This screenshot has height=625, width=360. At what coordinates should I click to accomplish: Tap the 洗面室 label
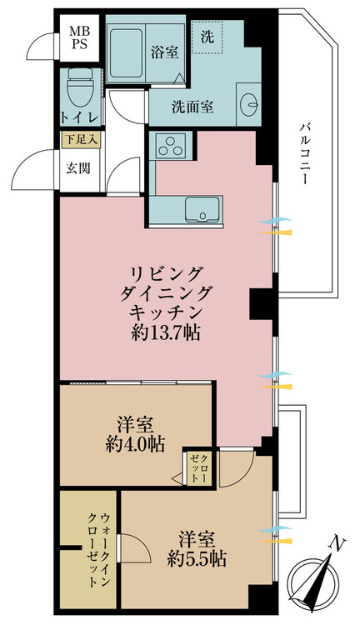point(192,107)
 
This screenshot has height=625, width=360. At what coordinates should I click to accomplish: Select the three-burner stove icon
point(173,148)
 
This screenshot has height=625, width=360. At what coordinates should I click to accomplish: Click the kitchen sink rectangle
point(202,211)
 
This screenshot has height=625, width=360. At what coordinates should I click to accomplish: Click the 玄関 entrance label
point(80,165)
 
